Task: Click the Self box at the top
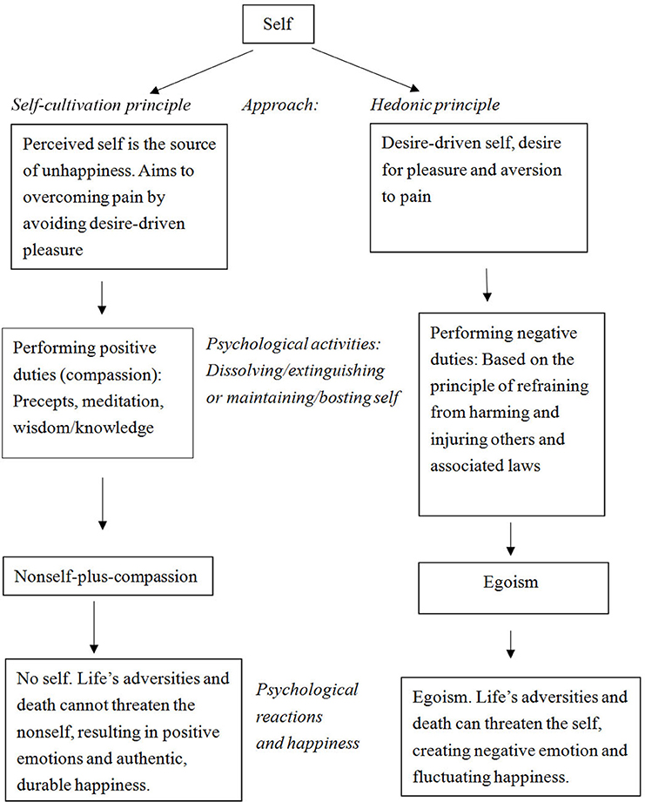[278, 24]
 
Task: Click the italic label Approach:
[280, 104]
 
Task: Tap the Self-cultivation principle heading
[101, 104]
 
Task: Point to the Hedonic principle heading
[435, 104]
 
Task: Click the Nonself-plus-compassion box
[108, 576]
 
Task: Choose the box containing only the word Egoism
[514, 588]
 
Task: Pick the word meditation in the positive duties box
[123, 401]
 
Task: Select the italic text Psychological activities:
[293, 344]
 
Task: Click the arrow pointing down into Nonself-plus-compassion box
[102, 504]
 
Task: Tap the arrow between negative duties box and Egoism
[510, 539]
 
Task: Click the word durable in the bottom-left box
[45, 785]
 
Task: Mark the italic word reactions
[289, 717]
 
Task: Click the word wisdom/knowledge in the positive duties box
[84, 428]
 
